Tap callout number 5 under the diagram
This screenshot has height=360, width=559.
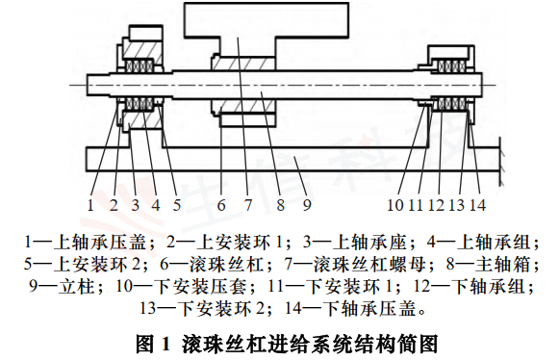177,204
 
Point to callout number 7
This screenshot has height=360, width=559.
248,204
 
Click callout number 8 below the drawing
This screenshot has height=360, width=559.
279,204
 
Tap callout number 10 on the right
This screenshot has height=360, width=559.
394,204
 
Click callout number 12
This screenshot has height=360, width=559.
435,204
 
